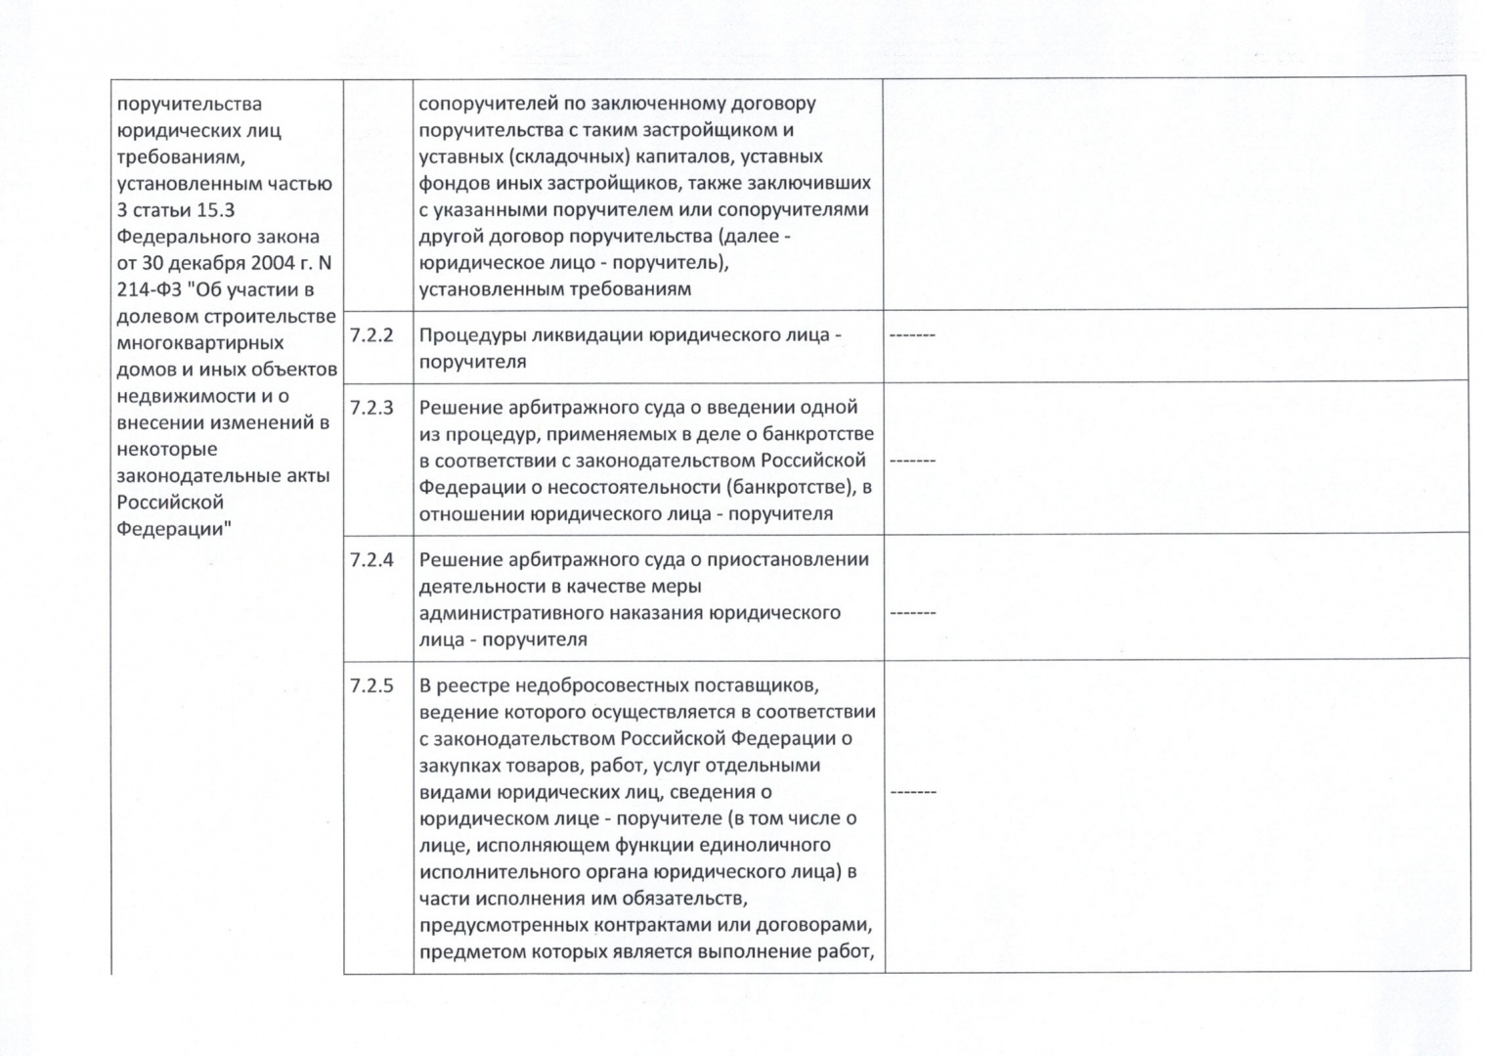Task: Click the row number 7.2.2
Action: click(371, 335)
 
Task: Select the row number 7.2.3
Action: click(371, 408)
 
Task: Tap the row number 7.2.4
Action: click(371, 560)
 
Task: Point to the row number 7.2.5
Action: click(371, 685)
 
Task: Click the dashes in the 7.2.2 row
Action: click(912, 335)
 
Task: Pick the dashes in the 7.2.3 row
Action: click(912, 460)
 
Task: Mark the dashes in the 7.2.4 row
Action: click(912, 613)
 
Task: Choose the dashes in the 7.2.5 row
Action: click(912, 791)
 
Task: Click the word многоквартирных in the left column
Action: click(200, 343)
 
